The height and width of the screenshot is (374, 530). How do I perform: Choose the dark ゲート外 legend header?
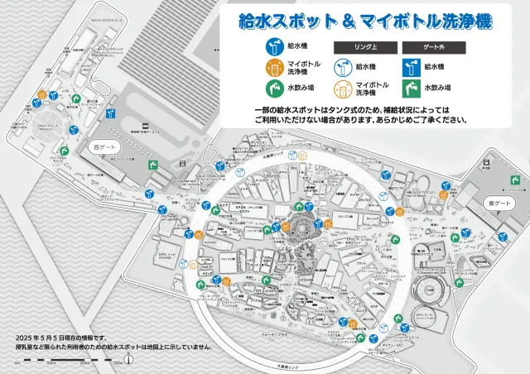[429, 47]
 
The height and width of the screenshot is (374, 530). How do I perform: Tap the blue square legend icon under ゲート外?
[410, 66]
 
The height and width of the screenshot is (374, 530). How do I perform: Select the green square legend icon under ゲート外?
[410, 87]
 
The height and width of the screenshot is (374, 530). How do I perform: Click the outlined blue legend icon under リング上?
[342, 66]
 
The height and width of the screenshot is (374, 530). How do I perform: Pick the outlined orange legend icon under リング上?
[342, 87]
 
